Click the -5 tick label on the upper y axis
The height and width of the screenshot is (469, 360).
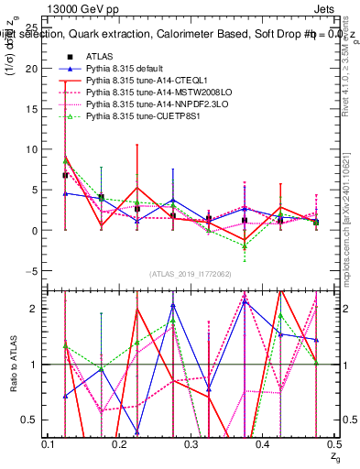tap(32, 271)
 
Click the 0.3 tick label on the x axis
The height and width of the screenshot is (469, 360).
tap(191, 444)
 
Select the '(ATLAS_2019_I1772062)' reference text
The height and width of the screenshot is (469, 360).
tap(191, 274)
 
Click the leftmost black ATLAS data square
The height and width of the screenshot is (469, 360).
tap(65, 175)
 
